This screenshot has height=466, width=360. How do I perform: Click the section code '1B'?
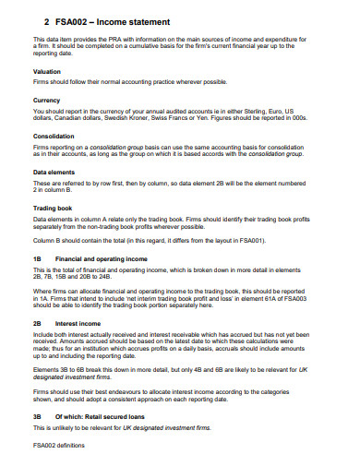pos(38,258)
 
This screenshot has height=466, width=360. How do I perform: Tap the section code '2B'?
pos(38,324)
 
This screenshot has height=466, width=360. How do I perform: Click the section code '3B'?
pos(38,417)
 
